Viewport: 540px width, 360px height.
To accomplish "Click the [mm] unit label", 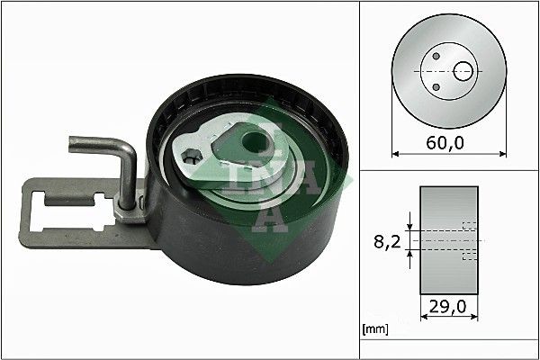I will pos(373,330).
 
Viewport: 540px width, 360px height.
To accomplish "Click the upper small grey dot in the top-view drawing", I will pos(436,56).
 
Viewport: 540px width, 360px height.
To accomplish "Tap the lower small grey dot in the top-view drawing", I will pos(436,85).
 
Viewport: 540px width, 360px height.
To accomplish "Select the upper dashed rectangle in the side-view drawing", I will pos(468,226).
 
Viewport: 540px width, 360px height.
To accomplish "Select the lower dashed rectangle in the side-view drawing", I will pos(468,256).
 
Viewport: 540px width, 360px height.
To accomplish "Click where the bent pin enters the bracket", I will pos(131,200).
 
